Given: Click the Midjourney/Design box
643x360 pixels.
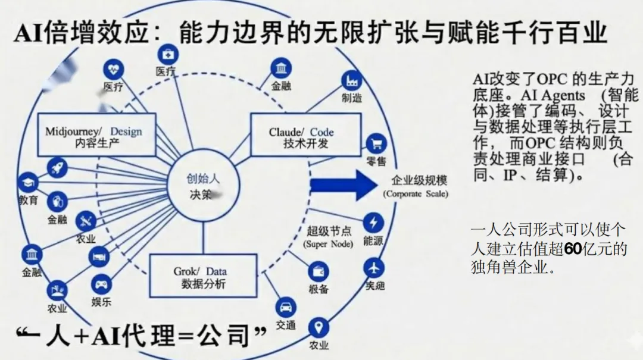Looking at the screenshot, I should tap(93, 136).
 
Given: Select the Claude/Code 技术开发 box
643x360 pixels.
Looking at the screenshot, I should tap(305, 137).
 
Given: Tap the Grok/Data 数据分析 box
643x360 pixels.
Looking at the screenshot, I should tap(204, 276).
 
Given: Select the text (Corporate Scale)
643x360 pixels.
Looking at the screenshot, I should tap(416, 194).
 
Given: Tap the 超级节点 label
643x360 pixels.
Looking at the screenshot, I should tap(329, 231).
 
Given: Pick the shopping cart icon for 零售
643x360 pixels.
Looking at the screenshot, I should tap(375, 143).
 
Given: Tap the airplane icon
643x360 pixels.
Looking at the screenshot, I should tap(374, 267).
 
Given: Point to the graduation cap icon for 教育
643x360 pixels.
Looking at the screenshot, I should tap(27, 183).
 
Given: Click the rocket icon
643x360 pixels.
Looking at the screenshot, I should tap(58, 168).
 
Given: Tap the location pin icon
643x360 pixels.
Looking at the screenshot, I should tap(319, 327).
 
